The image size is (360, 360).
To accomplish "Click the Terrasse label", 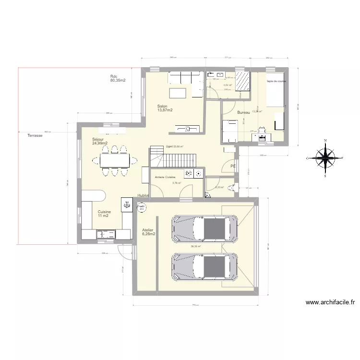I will [x=35, y=136].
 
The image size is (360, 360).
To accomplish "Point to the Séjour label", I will [x=100, y=141].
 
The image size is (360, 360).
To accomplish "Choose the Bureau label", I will [x=244, y=113].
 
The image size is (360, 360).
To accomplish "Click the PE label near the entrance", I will [x=233, y=166].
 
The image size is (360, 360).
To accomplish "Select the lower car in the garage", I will [x=205, y=265].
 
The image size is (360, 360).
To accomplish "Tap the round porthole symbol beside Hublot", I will [x=142, y=206].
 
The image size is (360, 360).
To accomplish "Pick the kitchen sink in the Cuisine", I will [x=106, y=234].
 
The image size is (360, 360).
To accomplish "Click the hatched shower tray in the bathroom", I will [x=242, y=81].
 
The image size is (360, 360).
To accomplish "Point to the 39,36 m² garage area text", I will [x=195, y=247].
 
